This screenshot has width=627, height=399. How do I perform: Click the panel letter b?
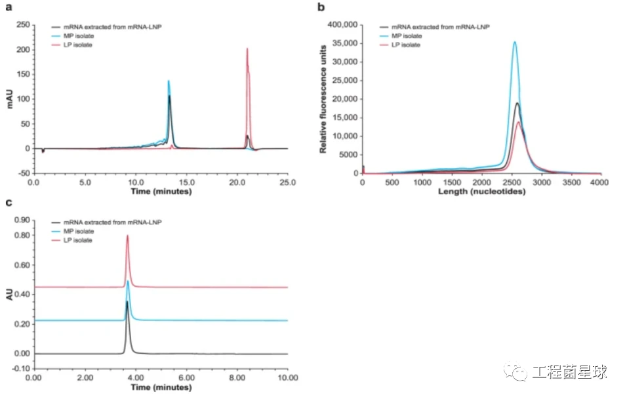(x=321, y=8)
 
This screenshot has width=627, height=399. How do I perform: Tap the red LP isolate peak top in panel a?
(x=247, y=49)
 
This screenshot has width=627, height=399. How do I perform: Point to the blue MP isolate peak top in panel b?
(x=515, y=43)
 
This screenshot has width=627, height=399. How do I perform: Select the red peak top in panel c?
(x=127, y=236)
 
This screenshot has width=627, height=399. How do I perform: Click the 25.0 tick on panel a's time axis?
(x=287, y=183)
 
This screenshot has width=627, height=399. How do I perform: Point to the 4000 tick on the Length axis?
(x=601, y=183)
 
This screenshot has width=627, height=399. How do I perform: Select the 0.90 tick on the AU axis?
(x=22, y=220)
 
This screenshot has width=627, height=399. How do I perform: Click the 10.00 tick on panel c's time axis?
(x=287, y=379)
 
